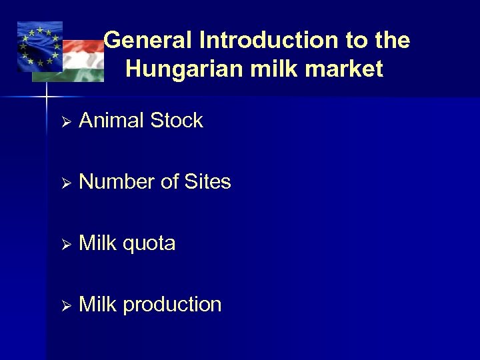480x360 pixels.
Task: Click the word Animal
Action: [112, 121]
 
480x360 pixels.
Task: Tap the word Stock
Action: [177, 121]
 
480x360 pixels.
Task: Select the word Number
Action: [117, 182]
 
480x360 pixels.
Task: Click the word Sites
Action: [207, 182]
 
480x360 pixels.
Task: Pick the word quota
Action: [149, 244]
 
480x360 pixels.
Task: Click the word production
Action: [172, 305]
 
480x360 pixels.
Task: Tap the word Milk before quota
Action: [98, 243]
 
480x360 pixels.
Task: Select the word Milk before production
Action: [98, 305]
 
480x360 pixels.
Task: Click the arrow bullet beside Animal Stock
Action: [65, 122]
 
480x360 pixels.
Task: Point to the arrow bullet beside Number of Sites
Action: [65, 183]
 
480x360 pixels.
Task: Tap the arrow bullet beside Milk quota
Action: [65, 245]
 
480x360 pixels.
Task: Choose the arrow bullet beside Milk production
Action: [65, 306]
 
